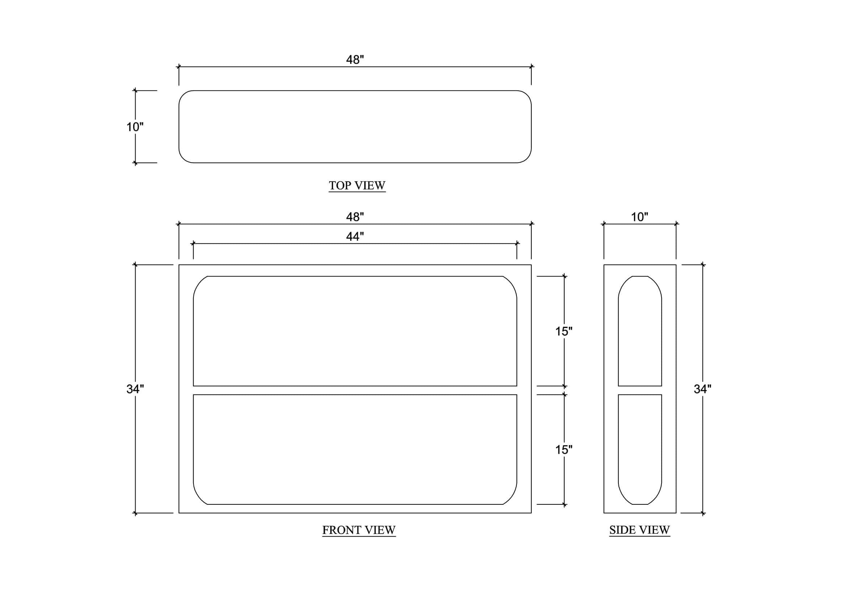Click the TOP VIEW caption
click(x=357, y=185)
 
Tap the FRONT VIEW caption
click(x=359, y=530)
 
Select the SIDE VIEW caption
click(x=640, y=530)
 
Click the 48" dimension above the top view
click(x=355, y=60)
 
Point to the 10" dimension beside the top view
click(x=135, y=127)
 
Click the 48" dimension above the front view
click(x=355, y=217)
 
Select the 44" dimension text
click(x=355, y=236)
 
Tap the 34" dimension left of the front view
click(x=135, y=389)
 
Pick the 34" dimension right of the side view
click(x=702, y=389)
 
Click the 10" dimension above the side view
click(x=640, y=217)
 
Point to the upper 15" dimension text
click(x=564, y=332)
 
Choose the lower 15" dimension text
click(x=564, y=450)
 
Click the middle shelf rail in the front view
click(x=355, y=390)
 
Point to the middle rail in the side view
click(x=640, y=390)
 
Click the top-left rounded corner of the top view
click(x=183, y=95)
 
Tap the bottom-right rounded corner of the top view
click(x=527, y=158)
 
